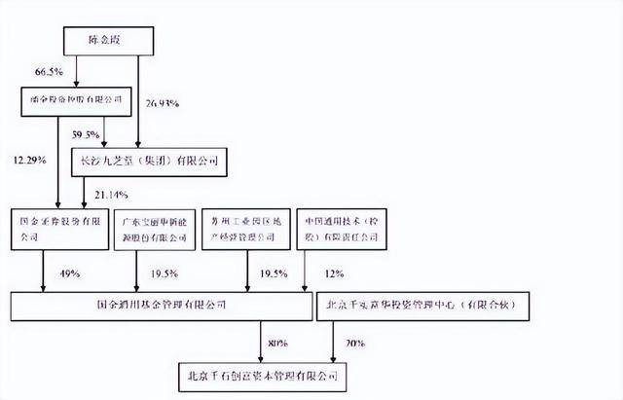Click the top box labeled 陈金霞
(110, 42)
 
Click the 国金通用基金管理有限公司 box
(161, 306)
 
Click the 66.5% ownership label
(48, 73)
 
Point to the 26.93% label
(164, 102)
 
